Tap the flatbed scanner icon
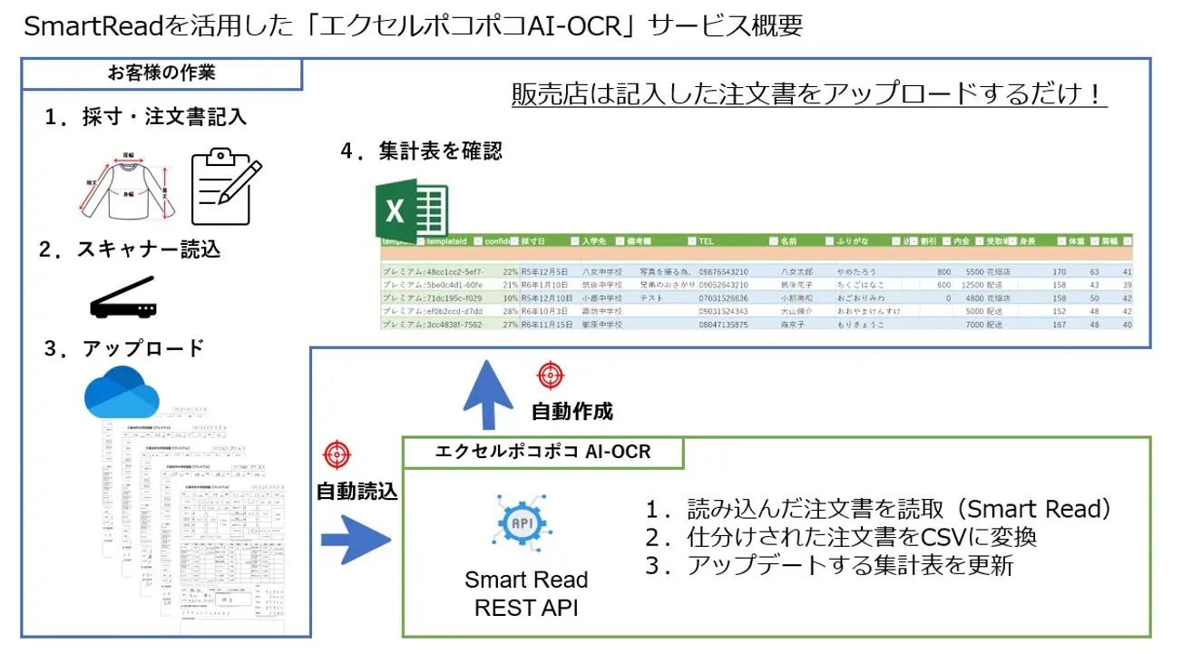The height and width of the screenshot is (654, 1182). click(122, 298)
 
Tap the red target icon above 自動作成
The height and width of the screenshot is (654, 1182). click(550, 375)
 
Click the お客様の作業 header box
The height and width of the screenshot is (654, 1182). click(161, 73)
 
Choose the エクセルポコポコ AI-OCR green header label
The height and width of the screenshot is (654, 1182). click(542, 451)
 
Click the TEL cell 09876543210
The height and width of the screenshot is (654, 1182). click(723, 271)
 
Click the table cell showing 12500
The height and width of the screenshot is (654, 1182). click(974, 284)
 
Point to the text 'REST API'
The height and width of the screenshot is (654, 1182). click(526, 607)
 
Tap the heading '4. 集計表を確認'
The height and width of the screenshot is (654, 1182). click(421, 151)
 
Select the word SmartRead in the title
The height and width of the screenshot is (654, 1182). click(93, 26)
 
